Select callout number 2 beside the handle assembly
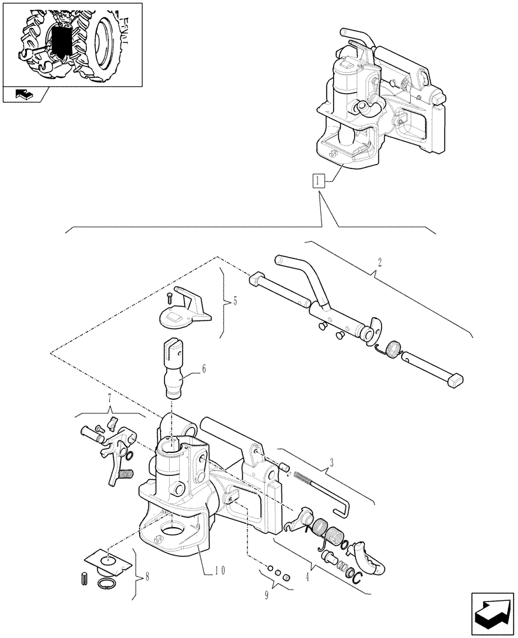(x=380, y=262)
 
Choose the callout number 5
(x=235, y=300)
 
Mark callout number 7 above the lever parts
(x=109, y=400)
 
